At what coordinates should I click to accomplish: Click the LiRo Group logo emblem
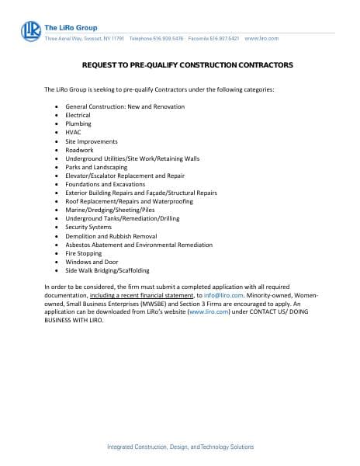30,30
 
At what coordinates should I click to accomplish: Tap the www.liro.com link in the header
261,38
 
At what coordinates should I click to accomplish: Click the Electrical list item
78,114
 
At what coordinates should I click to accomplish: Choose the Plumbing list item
78,123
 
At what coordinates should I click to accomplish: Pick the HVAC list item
74,132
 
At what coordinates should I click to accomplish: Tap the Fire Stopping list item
84,253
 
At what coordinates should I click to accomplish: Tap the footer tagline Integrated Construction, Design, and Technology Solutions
179,447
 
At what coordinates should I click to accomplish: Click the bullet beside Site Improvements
57,141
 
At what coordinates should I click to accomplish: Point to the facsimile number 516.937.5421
221,38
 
